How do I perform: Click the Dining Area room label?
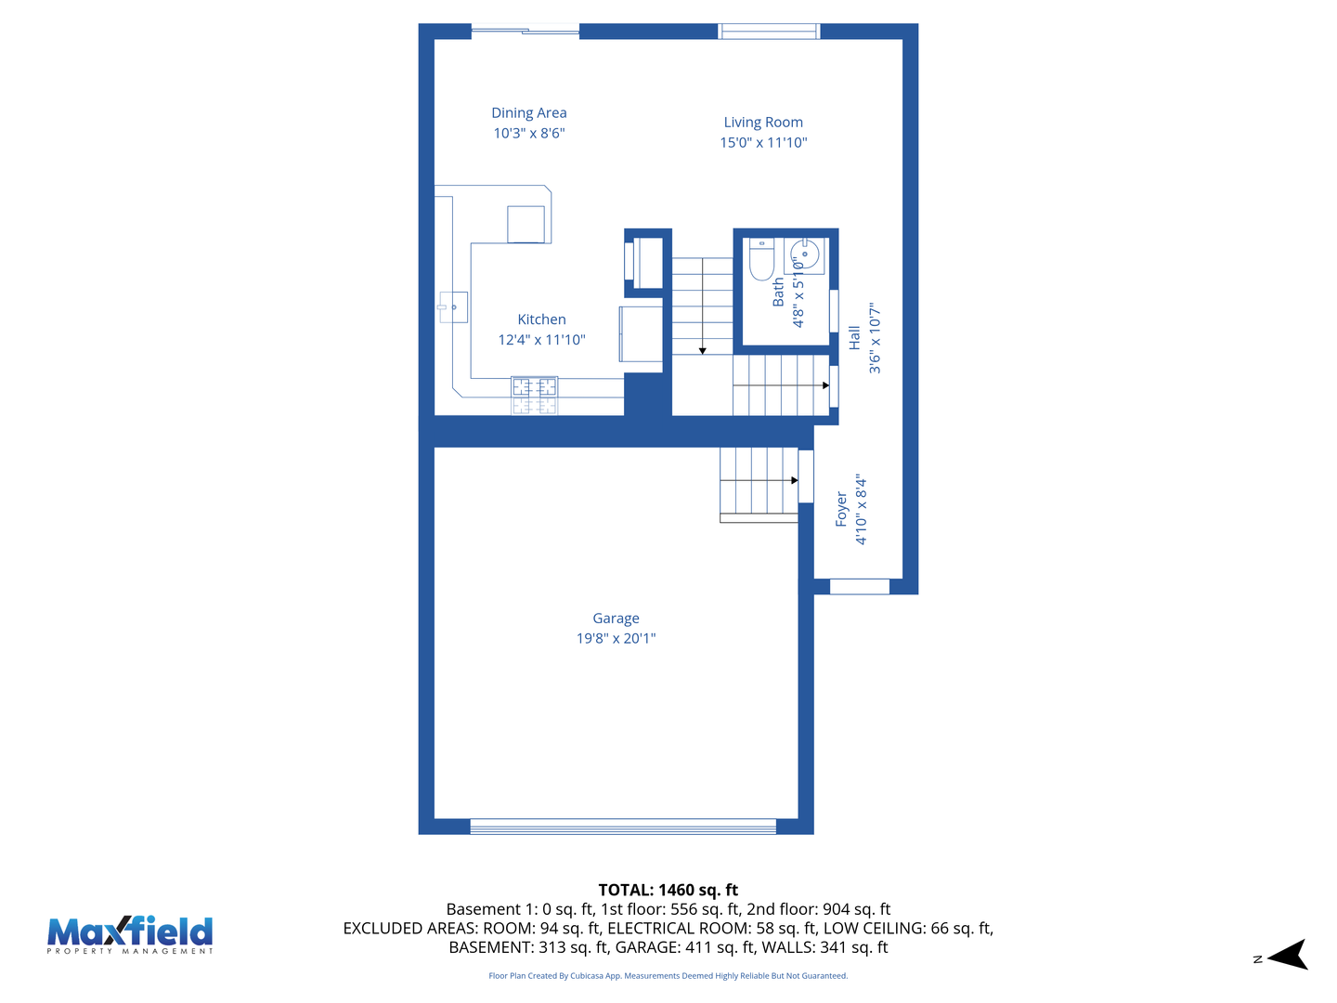(x=528, y=113)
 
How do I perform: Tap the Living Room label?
(x=763, y=123)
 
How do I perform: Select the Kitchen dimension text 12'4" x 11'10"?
(x=541, y=340)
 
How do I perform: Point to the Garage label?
(x=616, y=619)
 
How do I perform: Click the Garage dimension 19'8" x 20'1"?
(x=616, y=639)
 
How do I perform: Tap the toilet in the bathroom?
(x=761, y=259)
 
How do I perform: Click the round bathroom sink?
(x=804, y=254)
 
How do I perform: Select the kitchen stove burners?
(x=534, y=395)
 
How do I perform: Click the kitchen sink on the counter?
(x=453, y=306)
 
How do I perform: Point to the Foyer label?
(x=841, y=510)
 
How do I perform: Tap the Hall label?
(x=854, y=338)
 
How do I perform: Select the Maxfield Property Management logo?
(x=130, y=934)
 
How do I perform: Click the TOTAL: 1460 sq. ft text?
(x=668, y=890)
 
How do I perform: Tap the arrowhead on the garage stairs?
(x=794, y=480)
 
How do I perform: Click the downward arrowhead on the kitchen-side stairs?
(x=703, y=350)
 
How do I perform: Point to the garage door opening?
(x=623, y=827)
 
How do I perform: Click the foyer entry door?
(x=859, y=586)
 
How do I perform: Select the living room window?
(x=769, y=32)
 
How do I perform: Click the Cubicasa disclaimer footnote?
(x=668, y=976)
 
